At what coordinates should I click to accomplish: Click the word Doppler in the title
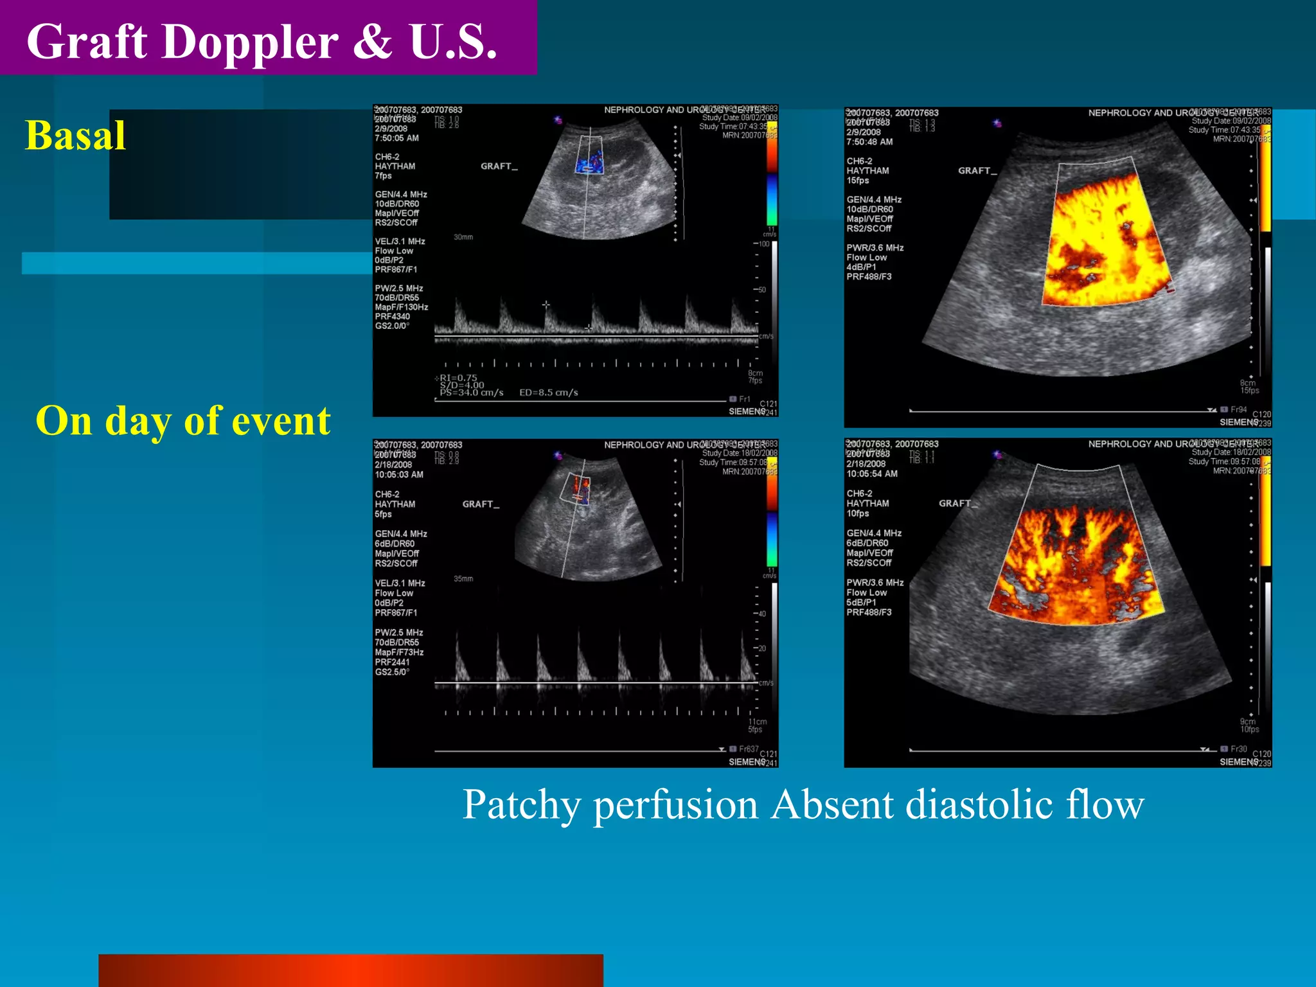point(249,42)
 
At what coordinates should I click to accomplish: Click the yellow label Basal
point(75,136)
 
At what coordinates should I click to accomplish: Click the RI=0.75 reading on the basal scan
point(458,378)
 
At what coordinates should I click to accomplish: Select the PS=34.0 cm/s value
point(471,393)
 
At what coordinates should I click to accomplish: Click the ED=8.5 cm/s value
point(548,393)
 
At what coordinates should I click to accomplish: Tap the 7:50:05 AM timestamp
point(396,138)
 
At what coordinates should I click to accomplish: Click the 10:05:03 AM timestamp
point(399,475)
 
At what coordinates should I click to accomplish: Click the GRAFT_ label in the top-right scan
point(977,171)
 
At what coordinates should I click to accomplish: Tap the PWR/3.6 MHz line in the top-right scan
point(875,248)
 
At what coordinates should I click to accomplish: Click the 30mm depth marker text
point(463,237)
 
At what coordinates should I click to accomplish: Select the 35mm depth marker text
point(463,579)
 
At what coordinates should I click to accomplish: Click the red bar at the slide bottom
point(350,970)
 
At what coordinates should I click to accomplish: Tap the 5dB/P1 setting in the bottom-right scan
point(861,603)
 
